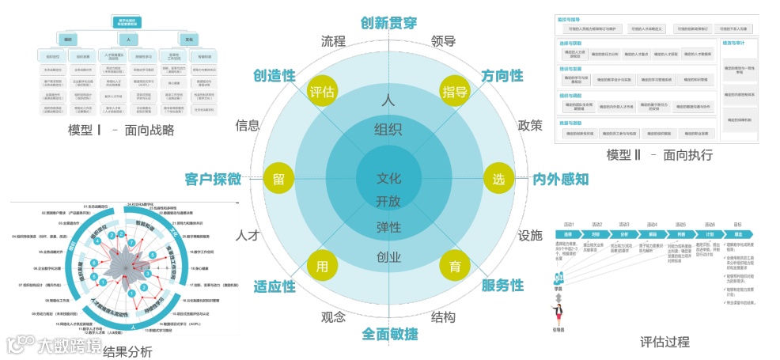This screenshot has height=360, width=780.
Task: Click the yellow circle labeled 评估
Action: tap(322, 91)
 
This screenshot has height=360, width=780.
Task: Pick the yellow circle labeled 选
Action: tap(498, 179)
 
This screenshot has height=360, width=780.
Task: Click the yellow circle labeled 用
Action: tap(322, 267)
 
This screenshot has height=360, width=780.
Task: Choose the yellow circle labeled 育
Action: tap(455, 267)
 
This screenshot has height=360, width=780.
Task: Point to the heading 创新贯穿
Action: tap(388, 22)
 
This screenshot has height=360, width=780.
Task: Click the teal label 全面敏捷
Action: tap(389, 334)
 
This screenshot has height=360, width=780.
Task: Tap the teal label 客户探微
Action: tap(213, 179)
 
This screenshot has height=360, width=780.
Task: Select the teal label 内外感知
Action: tap(560, 179)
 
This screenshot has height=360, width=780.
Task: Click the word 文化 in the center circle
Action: tap(388, 178)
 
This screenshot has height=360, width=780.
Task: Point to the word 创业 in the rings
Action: tap(388, 256)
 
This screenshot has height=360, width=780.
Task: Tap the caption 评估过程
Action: tap(665, 342)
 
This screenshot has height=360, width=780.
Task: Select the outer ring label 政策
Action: tap(529, 125)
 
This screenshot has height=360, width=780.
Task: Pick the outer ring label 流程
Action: tap(334, 41)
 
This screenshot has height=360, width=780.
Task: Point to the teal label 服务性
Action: tap(502, 285)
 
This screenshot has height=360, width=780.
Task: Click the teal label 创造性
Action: tap(274, 75)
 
